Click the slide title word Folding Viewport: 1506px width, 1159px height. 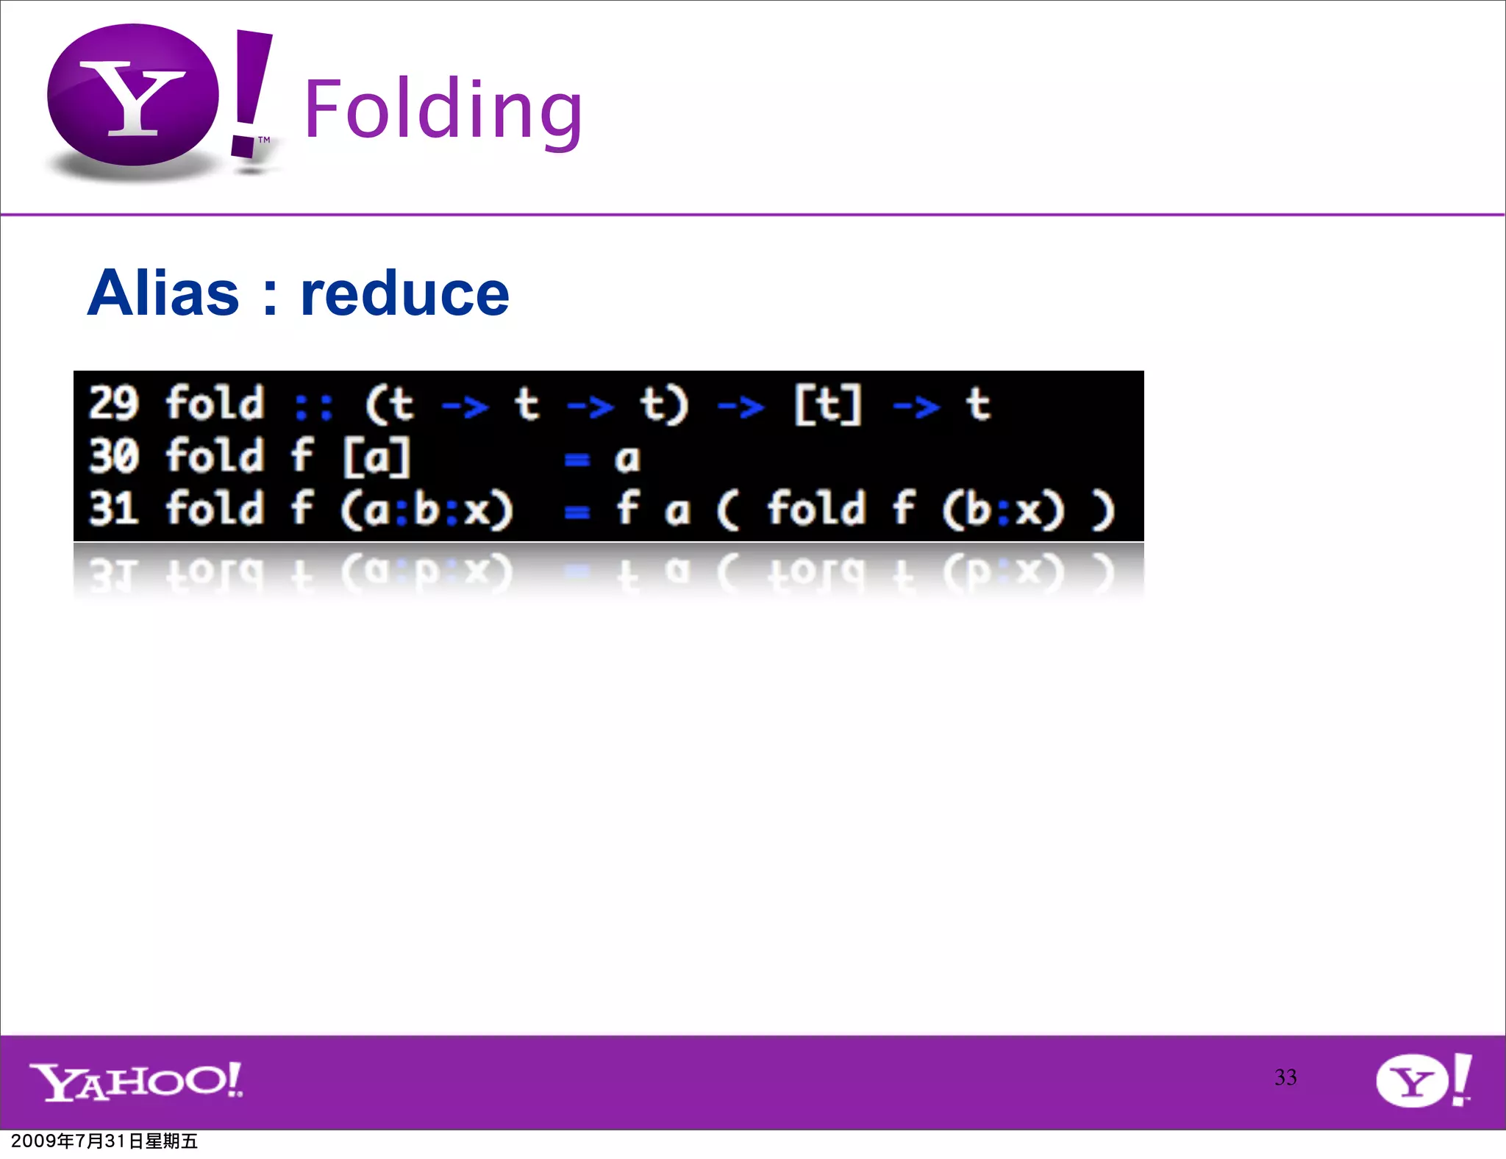443,110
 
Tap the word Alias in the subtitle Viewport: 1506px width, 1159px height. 163,293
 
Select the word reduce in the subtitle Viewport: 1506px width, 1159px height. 404,293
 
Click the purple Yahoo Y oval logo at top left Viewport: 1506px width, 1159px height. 133,96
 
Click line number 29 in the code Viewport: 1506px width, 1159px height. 114,404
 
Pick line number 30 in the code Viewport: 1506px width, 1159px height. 114,456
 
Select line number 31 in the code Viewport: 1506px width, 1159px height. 114,508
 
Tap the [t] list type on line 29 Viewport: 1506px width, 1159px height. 827,404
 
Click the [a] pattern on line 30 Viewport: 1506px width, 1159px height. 376,457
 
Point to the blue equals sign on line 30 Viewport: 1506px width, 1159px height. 577,460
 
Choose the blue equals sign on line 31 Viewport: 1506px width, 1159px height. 577,513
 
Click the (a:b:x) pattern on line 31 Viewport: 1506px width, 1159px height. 427,510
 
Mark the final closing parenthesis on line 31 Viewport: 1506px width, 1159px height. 1103,510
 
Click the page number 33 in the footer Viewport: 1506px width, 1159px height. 1285,1077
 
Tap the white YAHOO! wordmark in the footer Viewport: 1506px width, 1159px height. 136,1081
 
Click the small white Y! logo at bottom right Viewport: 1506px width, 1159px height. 1423,1080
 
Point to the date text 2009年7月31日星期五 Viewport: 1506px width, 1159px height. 104,1141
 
